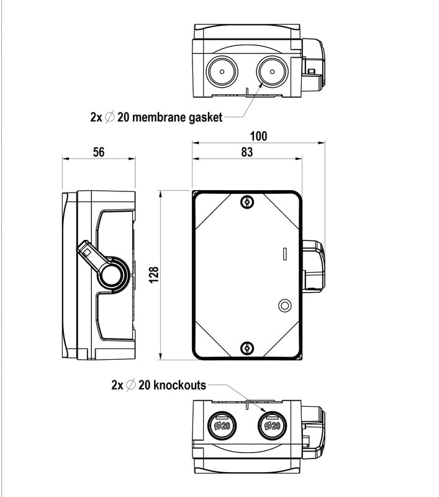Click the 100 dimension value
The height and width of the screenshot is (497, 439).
259,136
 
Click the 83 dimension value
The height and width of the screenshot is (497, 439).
247,153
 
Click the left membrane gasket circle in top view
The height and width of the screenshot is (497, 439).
222,72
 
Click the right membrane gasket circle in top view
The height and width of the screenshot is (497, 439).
271,72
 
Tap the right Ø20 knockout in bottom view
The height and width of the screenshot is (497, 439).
271,425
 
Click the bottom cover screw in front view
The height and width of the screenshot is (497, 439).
247,349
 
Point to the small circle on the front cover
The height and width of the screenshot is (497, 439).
285,305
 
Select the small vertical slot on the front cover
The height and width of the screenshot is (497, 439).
284,253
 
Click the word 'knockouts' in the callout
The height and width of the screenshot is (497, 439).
179,385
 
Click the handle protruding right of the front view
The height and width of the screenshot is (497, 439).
314,266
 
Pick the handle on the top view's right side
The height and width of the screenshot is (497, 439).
314,64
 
